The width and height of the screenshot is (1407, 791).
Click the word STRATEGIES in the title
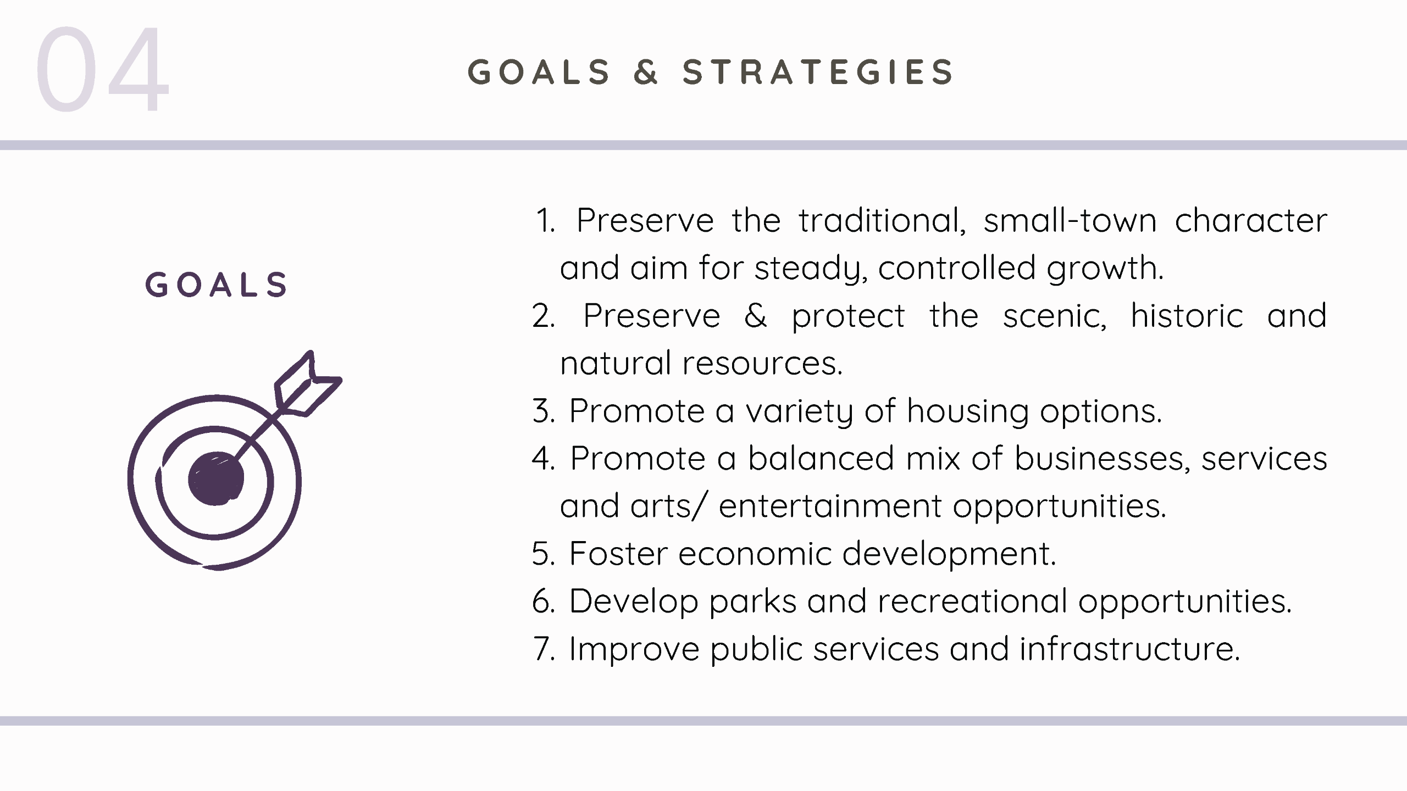tap(818, 72)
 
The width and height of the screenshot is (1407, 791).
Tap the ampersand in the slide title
tap(645, 72)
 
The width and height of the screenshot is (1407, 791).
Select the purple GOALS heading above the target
tap(216, 285)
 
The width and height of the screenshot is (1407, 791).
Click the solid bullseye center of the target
tap(215, 478)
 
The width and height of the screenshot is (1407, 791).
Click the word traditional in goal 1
tap(882, 220)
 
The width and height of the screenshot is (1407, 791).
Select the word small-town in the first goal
tap(1070, 220)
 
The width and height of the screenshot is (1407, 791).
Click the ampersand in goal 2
tap(755, 316)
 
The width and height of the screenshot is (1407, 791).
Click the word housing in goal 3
tap(967, 411)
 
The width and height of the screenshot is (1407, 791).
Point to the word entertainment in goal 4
tap(830, 506)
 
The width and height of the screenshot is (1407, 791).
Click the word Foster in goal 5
tap(618, 553)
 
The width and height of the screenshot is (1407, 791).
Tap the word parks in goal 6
tap(752, 601)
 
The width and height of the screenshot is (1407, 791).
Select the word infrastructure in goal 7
tap(1129, 649)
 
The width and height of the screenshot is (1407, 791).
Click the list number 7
tap(544, 649)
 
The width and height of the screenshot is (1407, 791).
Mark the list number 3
tap(543, 411)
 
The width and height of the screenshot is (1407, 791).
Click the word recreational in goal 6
tap(972, 601)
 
